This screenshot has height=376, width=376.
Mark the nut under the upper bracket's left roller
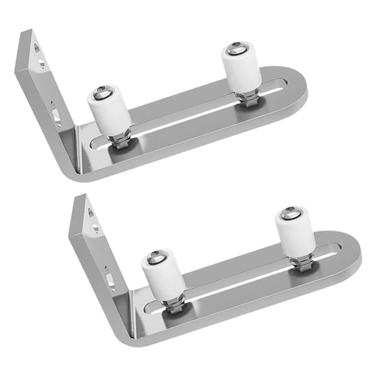(x=119, y=140)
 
